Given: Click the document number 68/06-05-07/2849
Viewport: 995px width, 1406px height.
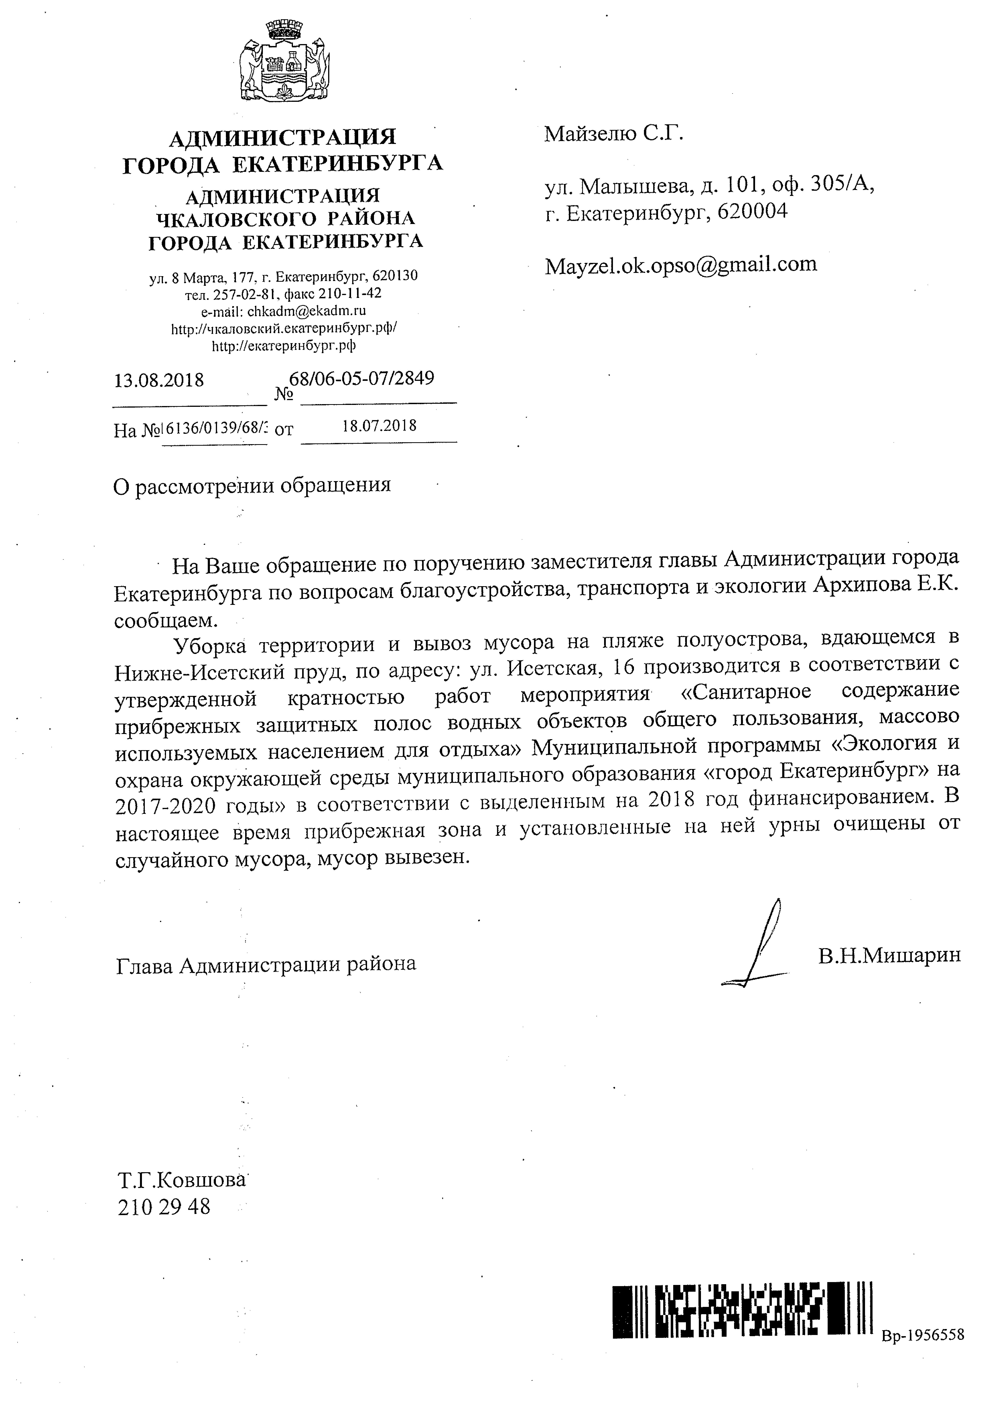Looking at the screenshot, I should [361, 379].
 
